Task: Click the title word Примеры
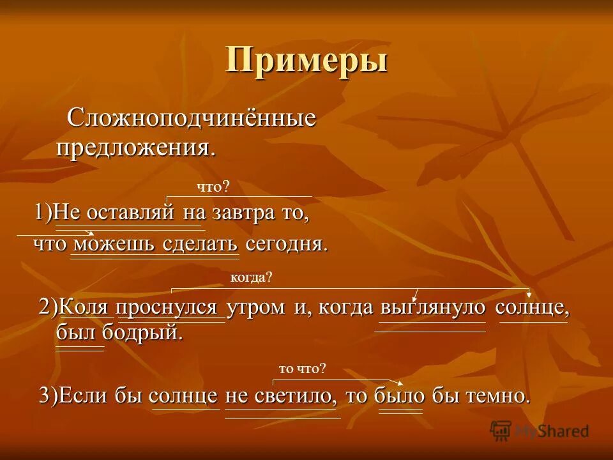[306, 61]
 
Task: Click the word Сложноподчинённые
[192, 119]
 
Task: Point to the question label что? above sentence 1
[212, 187]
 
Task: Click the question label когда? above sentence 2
[251, 277]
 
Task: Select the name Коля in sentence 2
[87, 307]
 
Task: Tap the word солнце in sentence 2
[533, 307]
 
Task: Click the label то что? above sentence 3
[302, 369]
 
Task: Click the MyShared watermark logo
[540, 431]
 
